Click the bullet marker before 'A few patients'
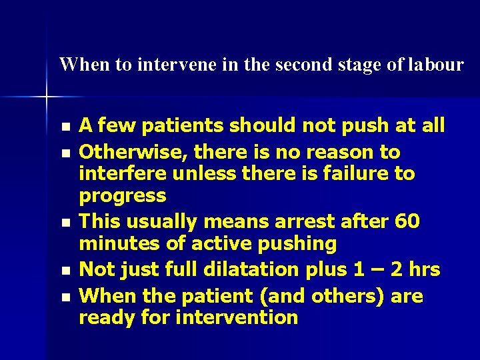(x=64, y=127)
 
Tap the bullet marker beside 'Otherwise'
(x=64, y=153)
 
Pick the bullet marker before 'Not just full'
(x=64, y=271)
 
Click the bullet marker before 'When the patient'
(x=64, y=297)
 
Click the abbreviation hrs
(x=422, y=269)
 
